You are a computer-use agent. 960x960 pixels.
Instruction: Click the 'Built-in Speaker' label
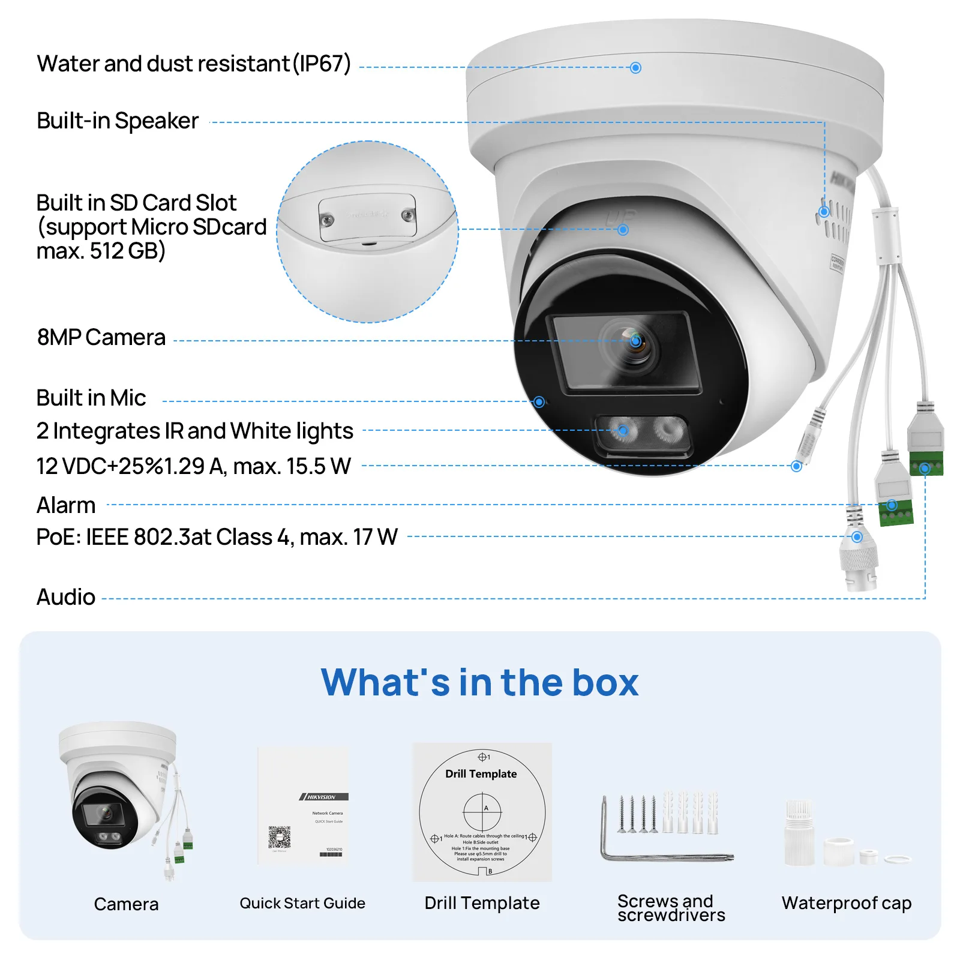click(x=118, y=121)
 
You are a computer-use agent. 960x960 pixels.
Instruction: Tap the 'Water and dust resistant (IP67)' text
click(x=193, y=64)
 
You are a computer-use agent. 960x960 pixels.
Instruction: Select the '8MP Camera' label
click(x=101, y=338)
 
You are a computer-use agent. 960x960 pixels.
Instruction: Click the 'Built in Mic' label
click(x=91, y=398)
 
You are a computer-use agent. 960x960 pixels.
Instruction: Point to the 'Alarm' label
click(x=66, y=506)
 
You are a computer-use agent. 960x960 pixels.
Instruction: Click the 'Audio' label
click(x=66, y=598)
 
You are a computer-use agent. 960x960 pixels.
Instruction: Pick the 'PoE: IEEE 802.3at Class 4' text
click(x=217, y=537)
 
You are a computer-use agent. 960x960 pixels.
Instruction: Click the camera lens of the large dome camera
click(x=635, y=342)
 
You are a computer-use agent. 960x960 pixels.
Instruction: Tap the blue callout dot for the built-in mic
click(x=539, y=402)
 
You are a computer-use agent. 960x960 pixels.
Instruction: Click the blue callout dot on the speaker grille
click(x=824, y=212)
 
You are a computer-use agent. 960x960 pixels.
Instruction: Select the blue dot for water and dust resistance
click(x=636, y=68)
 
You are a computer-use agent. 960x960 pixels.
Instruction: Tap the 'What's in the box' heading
click(x=480, y=683)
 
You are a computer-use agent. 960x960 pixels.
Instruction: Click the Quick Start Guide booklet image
click(x=303, y=806)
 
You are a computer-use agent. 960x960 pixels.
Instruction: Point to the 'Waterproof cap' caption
click(x=846, y=903)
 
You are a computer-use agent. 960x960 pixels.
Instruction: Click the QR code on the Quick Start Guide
click(x=279, y=837)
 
